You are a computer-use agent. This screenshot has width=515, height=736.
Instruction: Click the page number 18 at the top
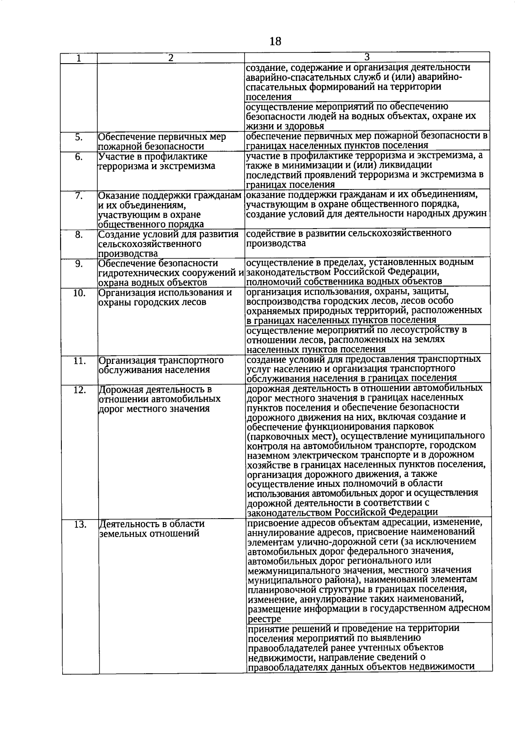click(276, 41)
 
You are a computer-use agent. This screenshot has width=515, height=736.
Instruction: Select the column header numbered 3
click(367, 57)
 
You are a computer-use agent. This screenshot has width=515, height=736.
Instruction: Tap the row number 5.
click(79, 137)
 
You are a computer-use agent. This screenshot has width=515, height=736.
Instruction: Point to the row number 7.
click(79, 196)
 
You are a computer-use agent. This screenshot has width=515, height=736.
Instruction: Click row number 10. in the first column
click(79, 293)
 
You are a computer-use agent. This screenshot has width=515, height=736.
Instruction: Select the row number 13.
click(80, 524)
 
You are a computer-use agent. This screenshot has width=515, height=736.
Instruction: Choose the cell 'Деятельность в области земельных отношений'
click(152, 529)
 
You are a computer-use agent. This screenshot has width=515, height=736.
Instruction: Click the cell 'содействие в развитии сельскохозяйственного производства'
click(348, 238)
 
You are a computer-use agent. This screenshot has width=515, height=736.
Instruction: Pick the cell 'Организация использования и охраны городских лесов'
click(165, 297)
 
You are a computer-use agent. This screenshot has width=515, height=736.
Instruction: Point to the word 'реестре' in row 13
click(264, 619)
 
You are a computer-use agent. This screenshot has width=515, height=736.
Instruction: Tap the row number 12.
click(80, 390)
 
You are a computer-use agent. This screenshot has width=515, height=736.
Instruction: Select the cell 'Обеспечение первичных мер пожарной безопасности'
click(162, 142)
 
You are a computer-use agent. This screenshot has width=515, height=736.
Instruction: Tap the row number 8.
click(79, 235)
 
